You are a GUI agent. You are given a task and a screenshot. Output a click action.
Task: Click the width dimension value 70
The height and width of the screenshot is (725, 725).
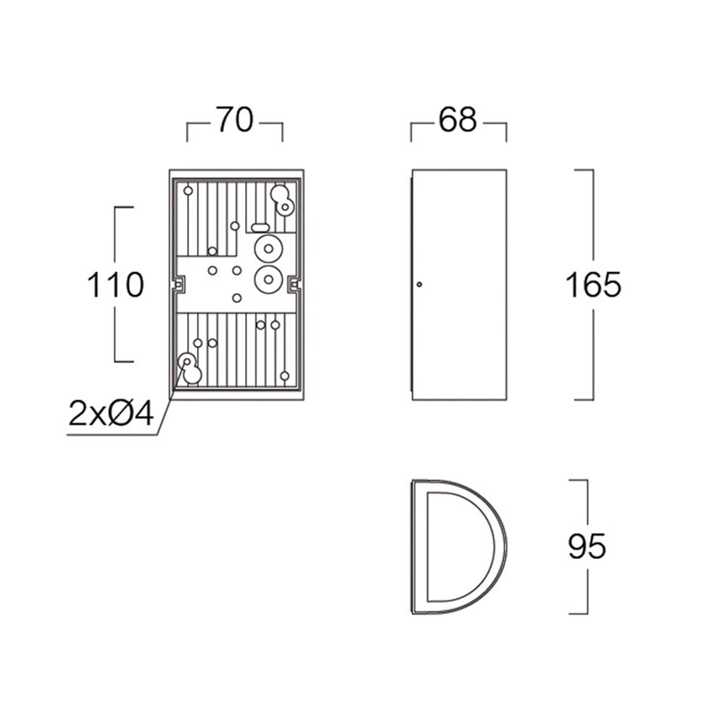tap(235, 120)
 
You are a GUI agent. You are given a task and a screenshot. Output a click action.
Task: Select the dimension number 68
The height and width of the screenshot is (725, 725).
tap(457, 120)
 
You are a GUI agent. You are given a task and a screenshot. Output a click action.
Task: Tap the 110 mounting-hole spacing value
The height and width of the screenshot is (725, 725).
tap(115, 284)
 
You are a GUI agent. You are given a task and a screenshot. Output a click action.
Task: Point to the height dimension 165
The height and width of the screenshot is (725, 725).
tap(593, 284)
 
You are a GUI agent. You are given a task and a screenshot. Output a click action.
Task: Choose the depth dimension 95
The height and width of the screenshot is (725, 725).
tap(587, 546)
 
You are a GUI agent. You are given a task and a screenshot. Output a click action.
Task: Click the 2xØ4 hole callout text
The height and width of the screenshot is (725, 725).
tap(111, 413)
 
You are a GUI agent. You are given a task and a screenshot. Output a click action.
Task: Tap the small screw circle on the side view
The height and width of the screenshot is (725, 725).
tap(419, 284)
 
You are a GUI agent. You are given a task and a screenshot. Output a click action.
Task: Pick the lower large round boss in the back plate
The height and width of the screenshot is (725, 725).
tap(268, 279)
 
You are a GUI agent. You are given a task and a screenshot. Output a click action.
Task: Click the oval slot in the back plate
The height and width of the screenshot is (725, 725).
tap(260, 228)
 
